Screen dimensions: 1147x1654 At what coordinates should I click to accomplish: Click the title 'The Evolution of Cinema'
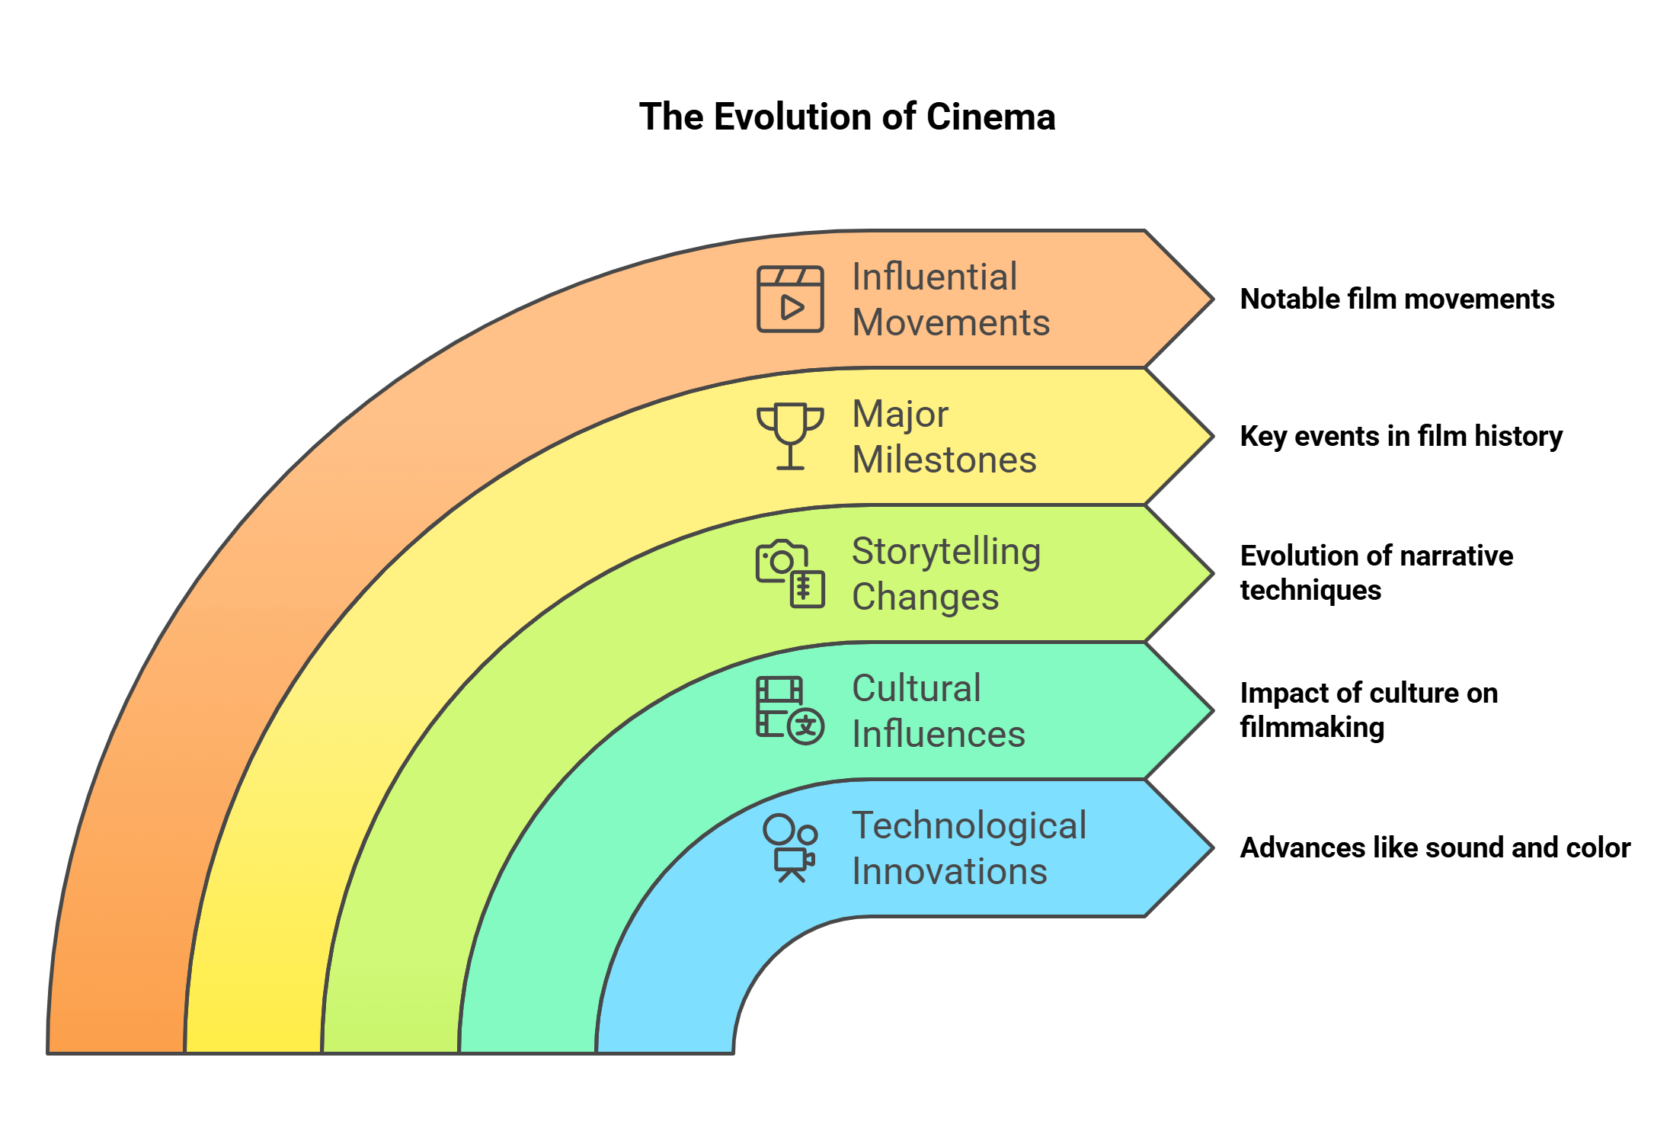[846, 117]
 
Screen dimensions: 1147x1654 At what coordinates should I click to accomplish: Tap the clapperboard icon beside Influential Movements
[790, 299]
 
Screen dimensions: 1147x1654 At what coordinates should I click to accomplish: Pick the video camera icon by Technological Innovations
[790, 848]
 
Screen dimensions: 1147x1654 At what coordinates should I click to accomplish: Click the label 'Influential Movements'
[950, 300]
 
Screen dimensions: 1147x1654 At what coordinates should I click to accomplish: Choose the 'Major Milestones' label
[944, 437]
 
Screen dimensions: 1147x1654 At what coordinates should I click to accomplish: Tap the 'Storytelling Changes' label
[945, 574]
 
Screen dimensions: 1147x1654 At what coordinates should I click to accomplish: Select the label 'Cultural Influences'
[938, 711]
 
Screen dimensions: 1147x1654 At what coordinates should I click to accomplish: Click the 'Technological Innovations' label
[968, 848]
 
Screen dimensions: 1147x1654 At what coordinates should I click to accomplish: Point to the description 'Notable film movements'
[1396, 299]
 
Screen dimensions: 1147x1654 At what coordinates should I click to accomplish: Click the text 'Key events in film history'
[1401, 436]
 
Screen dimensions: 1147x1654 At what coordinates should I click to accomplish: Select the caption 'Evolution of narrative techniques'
[1376, 572]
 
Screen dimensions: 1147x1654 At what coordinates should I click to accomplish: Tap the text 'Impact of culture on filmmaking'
[1368, 710]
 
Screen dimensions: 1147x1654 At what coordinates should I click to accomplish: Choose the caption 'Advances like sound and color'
[1435, 847]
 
